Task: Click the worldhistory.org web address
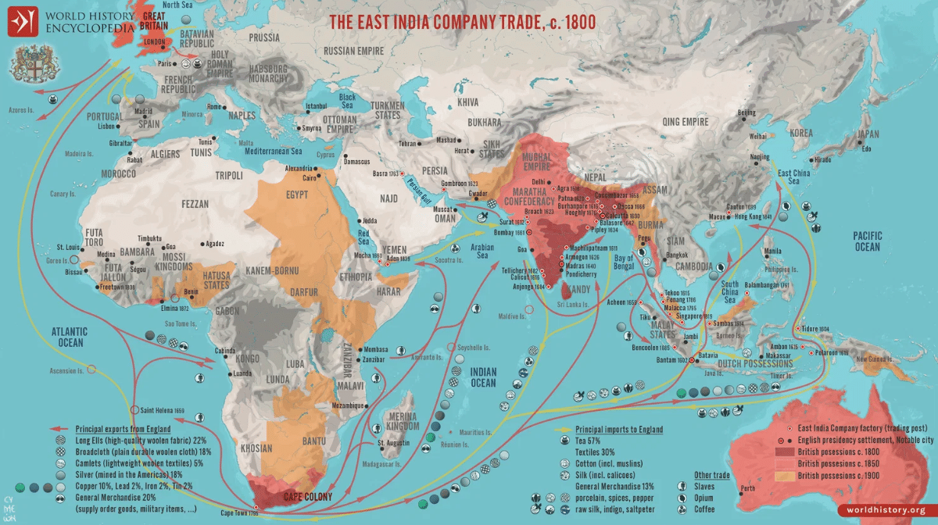888,510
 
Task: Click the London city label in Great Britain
154,41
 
